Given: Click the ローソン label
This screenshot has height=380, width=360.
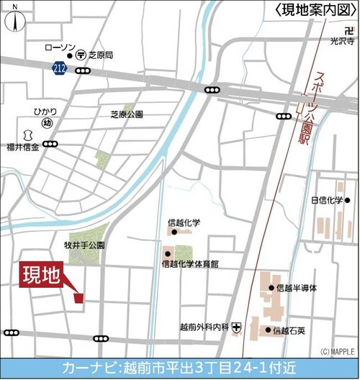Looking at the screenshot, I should (x=60, y=47).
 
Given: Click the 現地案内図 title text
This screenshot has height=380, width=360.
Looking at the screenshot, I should (x=315, y=9).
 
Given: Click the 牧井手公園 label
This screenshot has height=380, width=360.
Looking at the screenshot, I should (x=84, y=245).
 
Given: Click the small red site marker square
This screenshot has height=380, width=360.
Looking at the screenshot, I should (x=78, y=297).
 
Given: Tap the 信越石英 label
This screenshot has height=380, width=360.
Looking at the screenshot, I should (x=291, y=331).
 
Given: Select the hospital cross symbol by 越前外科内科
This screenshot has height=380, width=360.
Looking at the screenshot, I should (x=237, y=327).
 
